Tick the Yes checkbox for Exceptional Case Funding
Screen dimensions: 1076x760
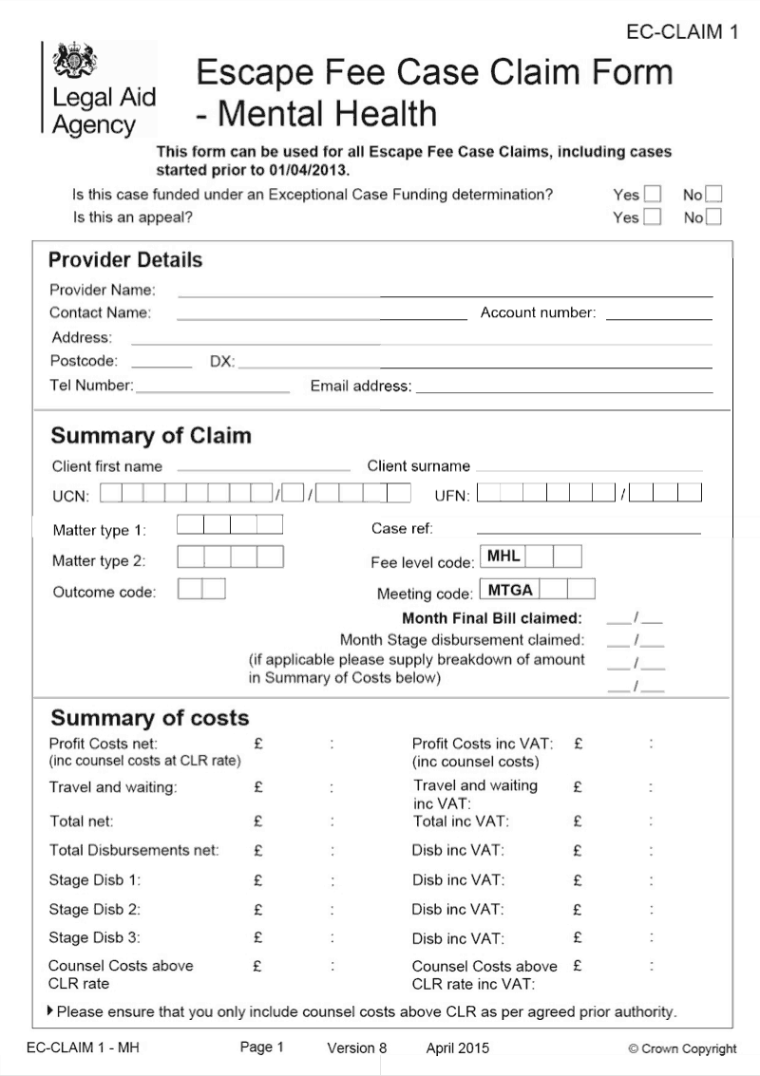click(653, 195)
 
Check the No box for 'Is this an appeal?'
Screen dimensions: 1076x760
click(713, 217)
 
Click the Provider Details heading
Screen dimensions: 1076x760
click(125, 260)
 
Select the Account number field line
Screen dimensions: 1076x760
click(658, 319)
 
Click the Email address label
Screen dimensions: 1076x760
click(361, 387)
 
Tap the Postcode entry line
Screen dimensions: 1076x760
click(161, 367)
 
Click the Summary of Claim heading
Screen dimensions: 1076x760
click(151, 436)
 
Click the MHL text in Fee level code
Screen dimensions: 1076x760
click(503, 557)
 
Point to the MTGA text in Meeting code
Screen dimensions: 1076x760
click(510, 590)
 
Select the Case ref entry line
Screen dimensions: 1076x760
click(588, 533)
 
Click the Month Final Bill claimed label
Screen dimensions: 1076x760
click(492, 618)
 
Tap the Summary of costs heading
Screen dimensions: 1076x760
click(149, 718)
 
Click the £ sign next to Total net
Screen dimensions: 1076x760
click(258, 821)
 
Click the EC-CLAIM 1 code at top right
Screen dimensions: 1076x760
click(682, 32)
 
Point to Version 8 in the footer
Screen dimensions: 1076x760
click(357, 1048)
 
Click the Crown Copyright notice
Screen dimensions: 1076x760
click(682, 1049)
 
